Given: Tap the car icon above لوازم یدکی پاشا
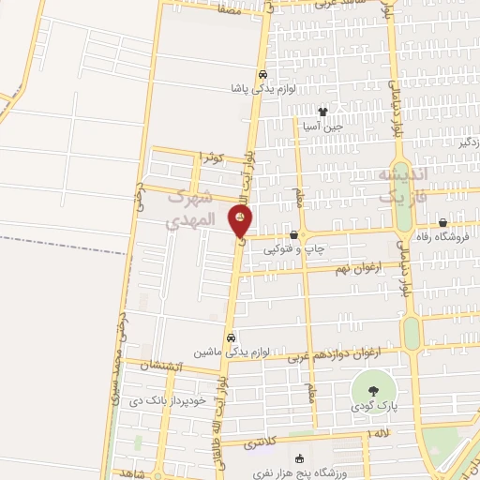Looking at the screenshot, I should click(263, 75).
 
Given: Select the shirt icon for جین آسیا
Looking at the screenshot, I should click(322, 112).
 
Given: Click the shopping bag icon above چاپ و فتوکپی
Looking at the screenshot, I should click(294, 235).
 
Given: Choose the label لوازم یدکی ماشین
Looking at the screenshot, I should click(232, 352).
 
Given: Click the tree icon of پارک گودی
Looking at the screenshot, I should click(372, 389).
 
